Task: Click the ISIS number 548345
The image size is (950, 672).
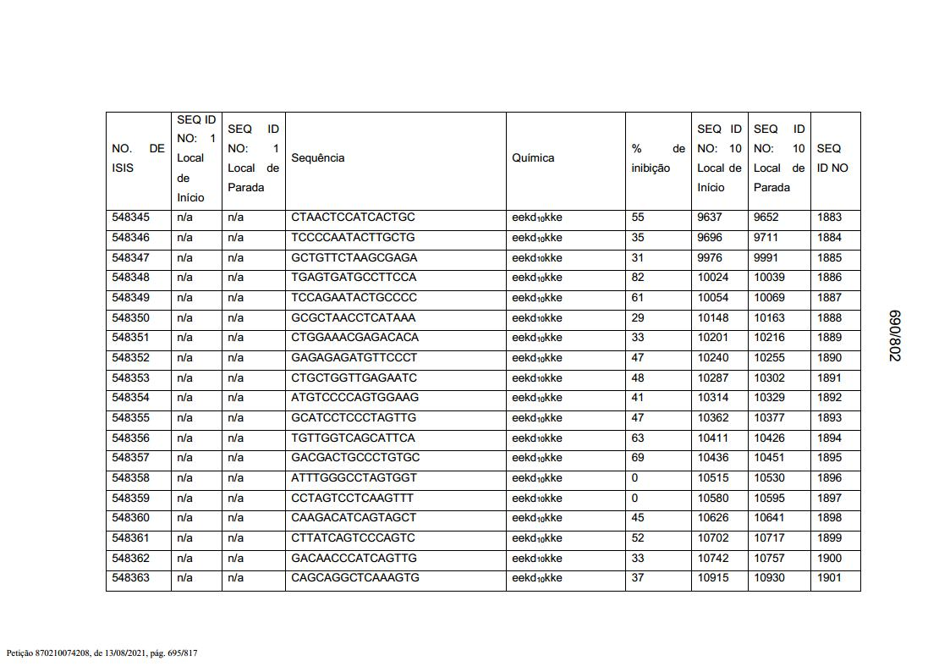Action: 130,218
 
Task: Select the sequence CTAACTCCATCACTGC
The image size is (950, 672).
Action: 353,218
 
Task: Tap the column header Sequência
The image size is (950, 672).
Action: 318,158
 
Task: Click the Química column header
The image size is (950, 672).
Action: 533,158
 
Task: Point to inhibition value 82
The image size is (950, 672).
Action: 638,278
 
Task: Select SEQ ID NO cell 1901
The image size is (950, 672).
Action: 830,578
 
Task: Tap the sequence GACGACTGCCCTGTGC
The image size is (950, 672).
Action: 355,458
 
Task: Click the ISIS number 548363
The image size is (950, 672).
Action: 130,578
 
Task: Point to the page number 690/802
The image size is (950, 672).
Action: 894,335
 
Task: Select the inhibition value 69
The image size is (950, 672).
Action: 638,458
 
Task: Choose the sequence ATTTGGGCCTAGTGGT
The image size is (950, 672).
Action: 354,478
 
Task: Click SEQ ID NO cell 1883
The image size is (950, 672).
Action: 830,218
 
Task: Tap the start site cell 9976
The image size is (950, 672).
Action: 710,257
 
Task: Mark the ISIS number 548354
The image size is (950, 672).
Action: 130,398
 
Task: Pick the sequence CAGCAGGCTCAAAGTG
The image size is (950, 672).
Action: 355,578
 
